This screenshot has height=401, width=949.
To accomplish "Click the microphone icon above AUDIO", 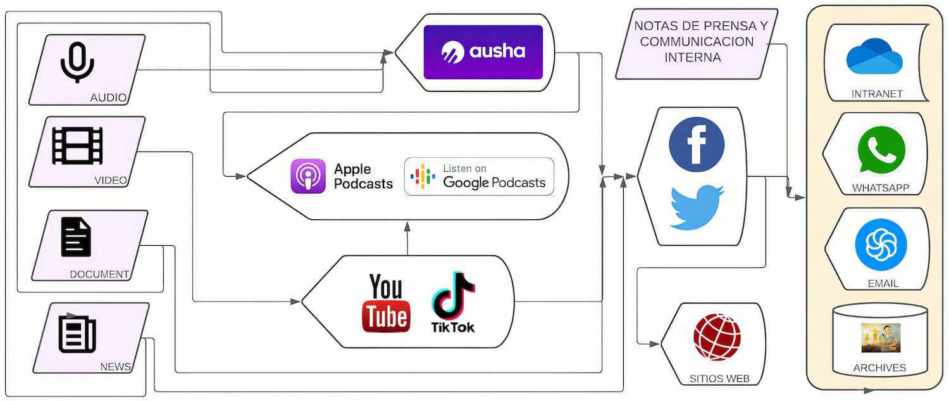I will click(x=77, y=62).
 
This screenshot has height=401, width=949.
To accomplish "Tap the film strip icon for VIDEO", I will click(x=77, y=145).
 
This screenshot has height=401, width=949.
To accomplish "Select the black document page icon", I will click(x=76, y=237).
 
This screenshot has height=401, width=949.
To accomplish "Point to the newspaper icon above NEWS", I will click(x=77, y=334).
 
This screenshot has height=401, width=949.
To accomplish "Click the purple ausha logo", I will click(x=483, y=52).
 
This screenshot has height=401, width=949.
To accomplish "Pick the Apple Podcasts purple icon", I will click(x=308, y=175).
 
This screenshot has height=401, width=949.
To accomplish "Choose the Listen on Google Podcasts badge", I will click(x=479, y=176).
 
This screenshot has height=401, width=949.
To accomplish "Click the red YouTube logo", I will click(x=385, y=303).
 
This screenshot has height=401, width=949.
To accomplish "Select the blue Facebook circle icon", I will click(x=697, y=144).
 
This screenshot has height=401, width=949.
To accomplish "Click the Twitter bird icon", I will click(x=697, y=206).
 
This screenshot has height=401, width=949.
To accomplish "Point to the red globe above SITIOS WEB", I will click(x=717, y=336).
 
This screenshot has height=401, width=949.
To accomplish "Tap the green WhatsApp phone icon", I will click(x=881, y=150).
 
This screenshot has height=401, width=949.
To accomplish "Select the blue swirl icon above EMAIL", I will click(x=881, y=244).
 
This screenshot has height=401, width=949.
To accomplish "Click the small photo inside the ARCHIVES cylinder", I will click(x=880, y=338).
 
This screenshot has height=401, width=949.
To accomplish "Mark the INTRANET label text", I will click(x=877, y=94).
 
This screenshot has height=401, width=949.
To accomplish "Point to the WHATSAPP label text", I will click(x=880, y=188).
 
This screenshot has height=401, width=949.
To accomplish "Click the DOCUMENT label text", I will click(x=99, y=274).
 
